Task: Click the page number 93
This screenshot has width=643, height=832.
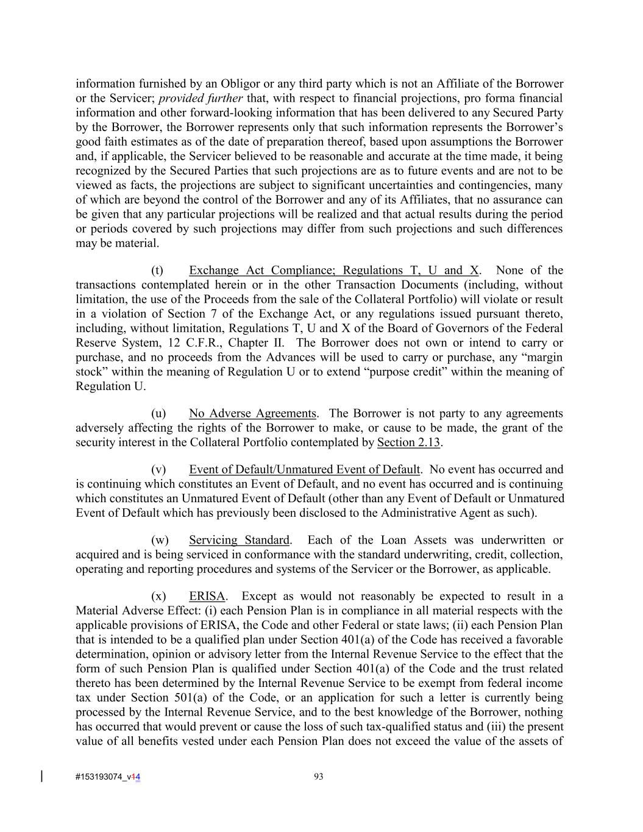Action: point(318,777)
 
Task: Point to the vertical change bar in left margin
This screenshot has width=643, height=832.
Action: point(41,776)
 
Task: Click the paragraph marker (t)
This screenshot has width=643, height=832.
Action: point(157,271)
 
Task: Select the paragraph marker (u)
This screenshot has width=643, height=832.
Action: point(158,414)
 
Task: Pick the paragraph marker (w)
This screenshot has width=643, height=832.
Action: point(160,540)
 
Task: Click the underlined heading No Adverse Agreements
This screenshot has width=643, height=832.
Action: point(252,414)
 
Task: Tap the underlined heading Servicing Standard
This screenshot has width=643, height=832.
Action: point(239,540)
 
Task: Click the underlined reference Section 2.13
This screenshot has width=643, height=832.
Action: point(408,443)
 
